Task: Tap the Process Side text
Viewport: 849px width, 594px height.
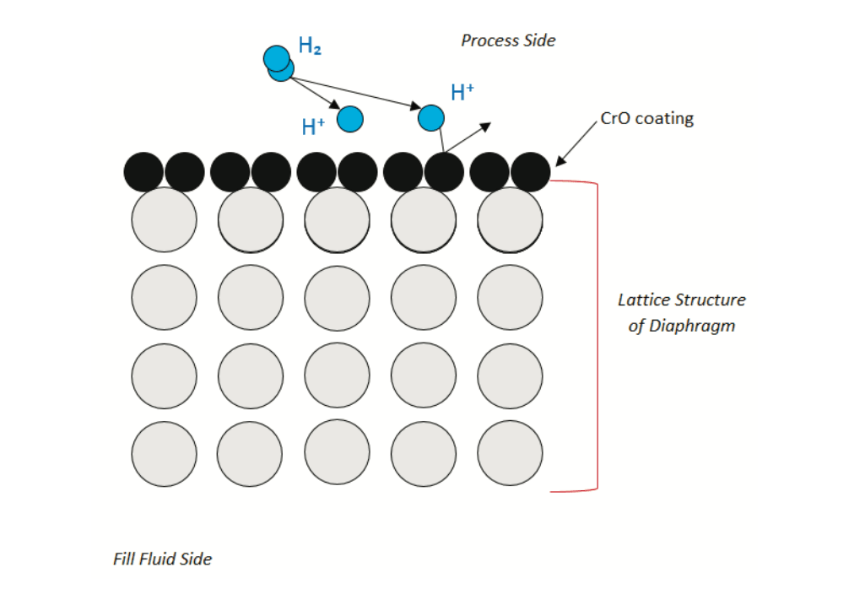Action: [x=508, y=40]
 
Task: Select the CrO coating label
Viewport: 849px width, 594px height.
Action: [x=646, y=118]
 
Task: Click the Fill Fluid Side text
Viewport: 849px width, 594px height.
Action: [x=162, y=559]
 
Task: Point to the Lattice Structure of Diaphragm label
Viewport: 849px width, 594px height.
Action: [x=682, y=312]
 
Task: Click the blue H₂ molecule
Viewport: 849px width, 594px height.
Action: [x=278, y=63]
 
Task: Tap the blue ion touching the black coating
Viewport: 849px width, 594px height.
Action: [x=430, y=118]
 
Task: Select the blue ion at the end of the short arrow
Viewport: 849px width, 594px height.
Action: [x=350, y=119]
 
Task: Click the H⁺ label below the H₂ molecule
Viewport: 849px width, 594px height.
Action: [x=314, y=127]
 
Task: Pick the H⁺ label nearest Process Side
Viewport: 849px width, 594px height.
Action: [x=462, y=93]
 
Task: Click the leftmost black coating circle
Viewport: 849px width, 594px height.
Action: [x=143, y=172]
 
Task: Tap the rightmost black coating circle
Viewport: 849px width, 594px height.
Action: [x=531, y=172]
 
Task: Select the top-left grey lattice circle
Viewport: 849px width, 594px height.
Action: [x=164, y=219]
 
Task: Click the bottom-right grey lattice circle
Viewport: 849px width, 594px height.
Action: [x=510, y=454]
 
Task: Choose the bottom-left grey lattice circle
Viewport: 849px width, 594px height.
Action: [x=164, y=454]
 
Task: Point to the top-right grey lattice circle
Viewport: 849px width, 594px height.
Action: [x=510, y=219]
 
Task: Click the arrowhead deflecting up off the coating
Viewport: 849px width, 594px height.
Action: [x=484, y=127]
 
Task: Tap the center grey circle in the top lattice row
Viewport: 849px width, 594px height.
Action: [x=337, y=219]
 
